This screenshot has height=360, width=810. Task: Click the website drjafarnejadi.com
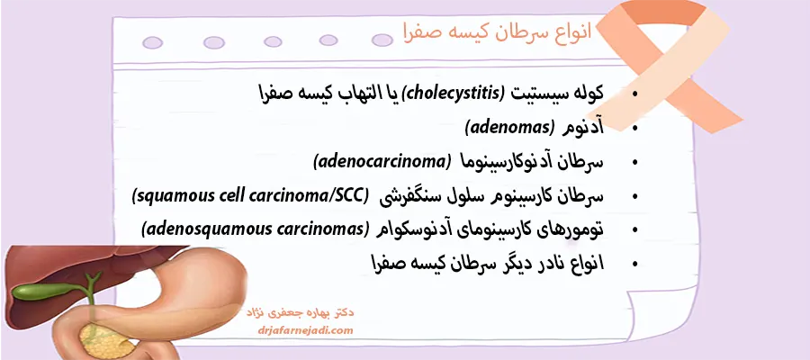coord(305,330)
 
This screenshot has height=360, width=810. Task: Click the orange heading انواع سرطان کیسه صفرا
coord(497,32)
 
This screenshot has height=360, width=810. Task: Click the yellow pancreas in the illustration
coord(107,341)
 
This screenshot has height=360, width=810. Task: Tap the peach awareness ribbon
coord(666,62)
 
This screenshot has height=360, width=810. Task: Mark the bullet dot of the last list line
coord(634,264)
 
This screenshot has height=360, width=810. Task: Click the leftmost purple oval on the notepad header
coord(152,43)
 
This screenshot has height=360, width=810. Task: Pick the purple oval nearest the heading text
coord(382,40)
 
